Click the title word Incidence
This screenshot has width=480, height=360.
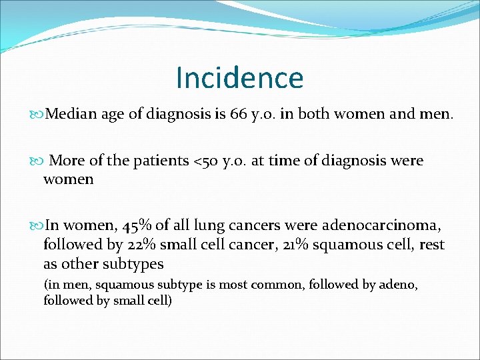[239, 78]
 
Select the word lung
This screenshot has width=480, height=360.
[219, 226]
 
